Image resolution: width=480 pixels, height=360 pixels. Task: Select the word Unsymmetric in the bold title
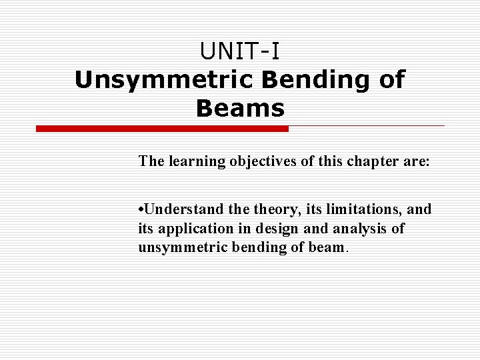(164, 80)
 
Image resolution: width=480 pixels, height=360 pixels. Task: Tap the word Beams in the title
(240, 108)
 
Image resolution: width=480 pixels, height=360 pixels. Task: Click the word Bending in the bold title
(312, 80)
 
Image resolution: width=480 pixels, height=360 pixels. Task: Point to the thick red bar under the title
(162, 128)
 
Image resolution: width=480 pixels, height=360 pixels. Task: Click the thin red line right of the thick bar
(366, 125)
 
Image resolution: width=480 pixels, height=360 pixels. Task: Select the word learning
(193, 161)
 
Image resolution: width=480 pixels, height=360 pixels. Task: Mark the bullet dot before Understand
(141, 210)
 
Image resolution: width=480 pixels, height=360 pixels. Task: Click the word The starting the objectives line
(151, 161)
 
